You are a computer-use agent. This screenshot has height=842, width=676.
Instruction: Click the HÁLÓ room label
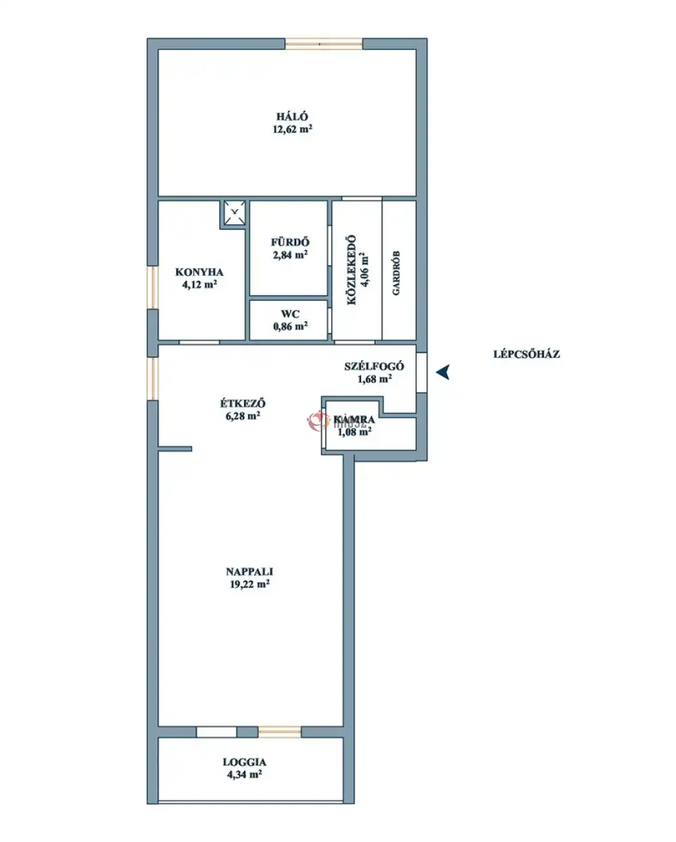click(x=292, y=116)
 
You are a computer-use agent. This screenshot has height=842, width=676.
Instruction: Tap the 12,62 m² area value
click(x=292, y=129)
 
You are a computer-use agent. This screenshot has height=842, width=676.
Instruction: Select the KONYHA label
click(x=199, y=272)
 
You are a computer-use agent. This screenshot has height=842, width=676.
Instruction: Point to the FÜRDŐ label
click(x=290, y=242)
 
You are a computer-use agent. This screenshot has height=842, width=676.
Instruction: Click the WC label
click(x=290, y=314)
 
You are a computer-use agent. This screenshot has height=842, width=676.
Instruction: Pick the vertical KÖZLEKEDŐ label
click(x=352, y=270)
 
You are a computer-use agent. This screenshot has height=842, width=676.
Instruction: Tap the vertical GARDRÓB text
click(x=396, y=273)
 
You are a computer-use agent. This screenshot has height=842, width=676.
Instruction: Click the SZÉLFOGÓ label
click(x=374, y=367)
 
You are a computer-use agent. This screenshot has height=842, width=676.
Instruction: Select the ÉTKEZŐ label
click(x=243, y=402)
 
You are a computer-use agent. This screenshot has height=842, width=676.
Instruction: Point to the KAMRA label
click(x=354, y=420)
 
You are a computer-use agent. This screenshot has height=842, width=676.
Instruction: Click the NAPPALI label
click(x=249, y=571)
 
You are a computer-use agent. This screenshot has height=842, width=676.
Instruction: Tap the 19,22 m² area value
click(x=249, y=584)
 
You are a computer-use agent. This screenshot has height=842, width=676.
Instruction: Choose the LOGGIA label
click(x=245, y=762)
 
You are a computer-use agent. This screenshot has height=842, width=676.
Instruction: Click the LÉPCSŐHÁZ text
click(x=526, y=354)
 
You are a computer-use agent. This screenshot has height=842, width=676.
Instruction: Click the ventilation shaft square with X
click(x=235, y=213)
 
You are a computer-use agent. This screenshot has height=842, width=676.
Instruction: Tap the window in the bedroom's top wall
click(x=324, y=44)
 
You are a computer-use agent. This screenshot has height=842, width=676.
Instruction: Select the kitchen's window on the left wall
click(x=153, y=287)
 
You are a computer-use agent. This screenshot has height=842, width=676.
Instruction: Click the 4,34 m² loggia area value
click(x=245, y=774)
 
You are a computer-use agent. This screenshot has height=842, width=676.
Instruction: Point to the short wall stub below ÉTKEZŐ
click(x=175, y=449)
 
